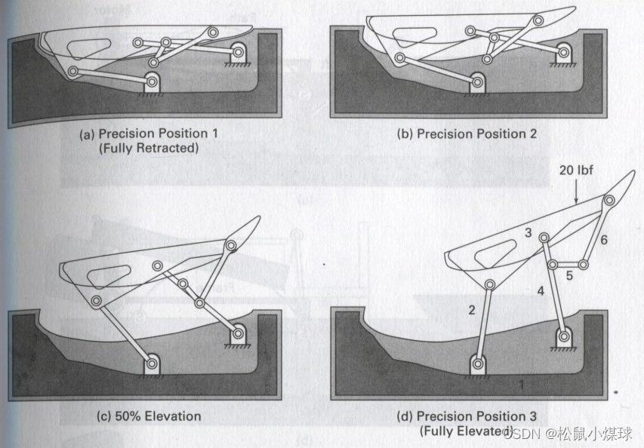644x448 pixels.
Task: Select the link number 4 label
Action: (541, 290)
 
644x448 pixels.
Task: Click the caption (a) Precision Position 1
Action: (149, 133)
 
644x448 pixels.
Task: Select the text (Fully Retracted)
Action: (149, 148)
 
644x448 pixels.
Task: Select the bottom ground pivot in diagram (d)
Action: (478, 364)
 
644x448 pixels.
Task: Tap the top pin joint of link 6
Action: (609, 200)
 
